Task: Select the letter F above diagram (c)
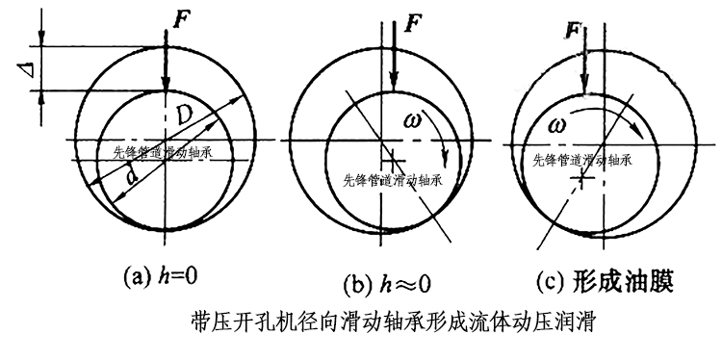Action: click(575, 32)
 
